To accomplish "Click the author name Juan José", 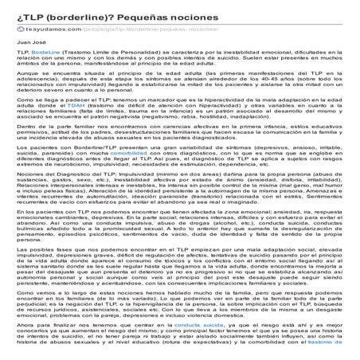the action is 29,41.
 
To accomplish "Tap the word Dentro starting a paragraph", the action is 27,149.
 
